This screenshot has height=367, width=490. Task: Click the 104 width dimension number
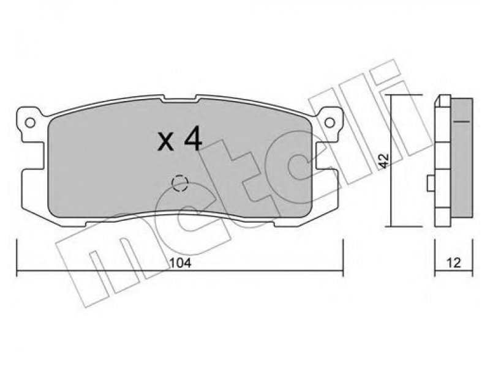(180, 263)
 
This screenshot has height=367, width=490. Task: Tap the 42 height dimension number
(384, 161)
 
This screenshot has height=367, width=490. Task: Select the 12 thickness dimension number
(453, 263)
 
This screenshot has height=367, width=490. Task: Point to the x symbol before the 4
(165, 142)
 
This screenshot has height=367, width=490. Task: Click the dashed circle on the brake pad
(180, 182)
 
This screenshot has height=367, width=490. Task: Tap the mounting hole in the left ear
(30, 123)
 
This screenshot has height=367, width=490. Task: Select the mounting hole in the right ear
(330, 123)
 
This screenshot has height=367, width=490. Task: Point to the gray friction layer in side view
(462, 158)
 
